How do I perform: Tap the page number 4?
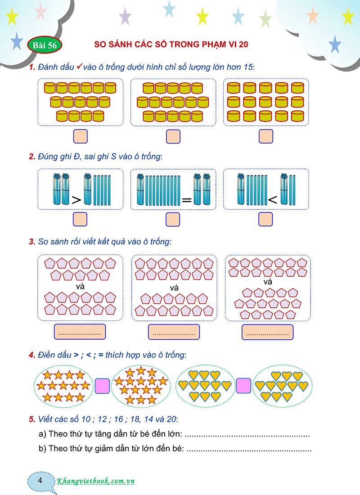pyautogui.click(x=40, y=480)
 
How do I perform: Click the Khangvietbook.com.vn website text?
pyautogui.click(x=96, y=481)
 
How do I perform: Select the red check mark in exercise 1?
pyautogui.click(x=78, y=67)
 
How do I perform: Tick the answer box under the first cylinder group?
pyautogui.click(x=80, y=136)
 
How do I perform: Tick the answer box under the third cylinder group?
pyautogui.click(x=265, y=136)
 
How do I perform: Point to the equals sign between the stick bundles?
pyautogui.click(x=187, y=199)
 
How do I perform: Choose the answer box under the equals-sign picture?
pyautogui.click(x=173, y=219)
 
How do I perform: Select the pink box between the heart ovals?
pyautogui.click(x=243, y=385)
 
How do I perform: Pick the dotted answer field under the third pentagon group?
pyautogui.click(x=267, y=333)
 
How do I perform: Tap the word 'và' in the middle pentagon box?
pyautogui.click(x=174, y=288)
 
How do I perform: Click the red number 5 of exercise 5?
pyautogui.click(x=31, y=419)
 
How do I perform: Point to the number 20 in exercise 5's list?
pyautogui.click(x=171, y=419)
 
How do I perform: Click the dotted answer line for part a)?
pyautogui.click(x=247, y=436)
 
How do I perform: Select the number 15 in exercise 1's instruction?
pyautogui.click(x=248, y=67)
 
